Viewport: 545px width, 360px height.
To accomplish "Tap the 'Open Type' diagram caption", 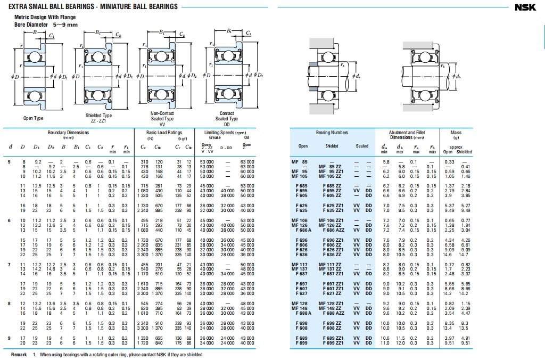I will click(x=33, y=118).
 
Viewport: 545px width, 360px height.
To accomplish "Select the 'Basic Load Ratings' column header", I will click(x=164, y=133).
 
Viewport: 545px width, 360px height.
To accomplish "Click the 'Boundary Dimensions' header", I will click(x=69, y=133).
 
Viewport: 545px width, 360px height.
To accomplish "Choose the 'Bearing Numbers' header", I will click(x=332, y=133).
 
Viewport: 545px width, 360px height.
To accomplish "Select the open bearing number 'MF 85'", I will click(x=299, y=161).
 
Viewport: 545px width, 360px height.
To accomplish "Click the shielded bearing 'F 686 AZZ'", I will click(x=332, y=230).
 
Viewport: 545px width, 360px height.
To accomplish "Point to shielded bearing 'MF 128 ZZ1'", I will click(x=332, y=303).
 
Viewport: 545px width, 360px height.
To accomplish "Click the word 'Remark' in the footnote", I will click(x=19, y=355).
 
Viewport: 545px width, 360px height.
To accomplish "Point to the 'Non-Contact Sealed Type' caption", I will click(x=162, y=116).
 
